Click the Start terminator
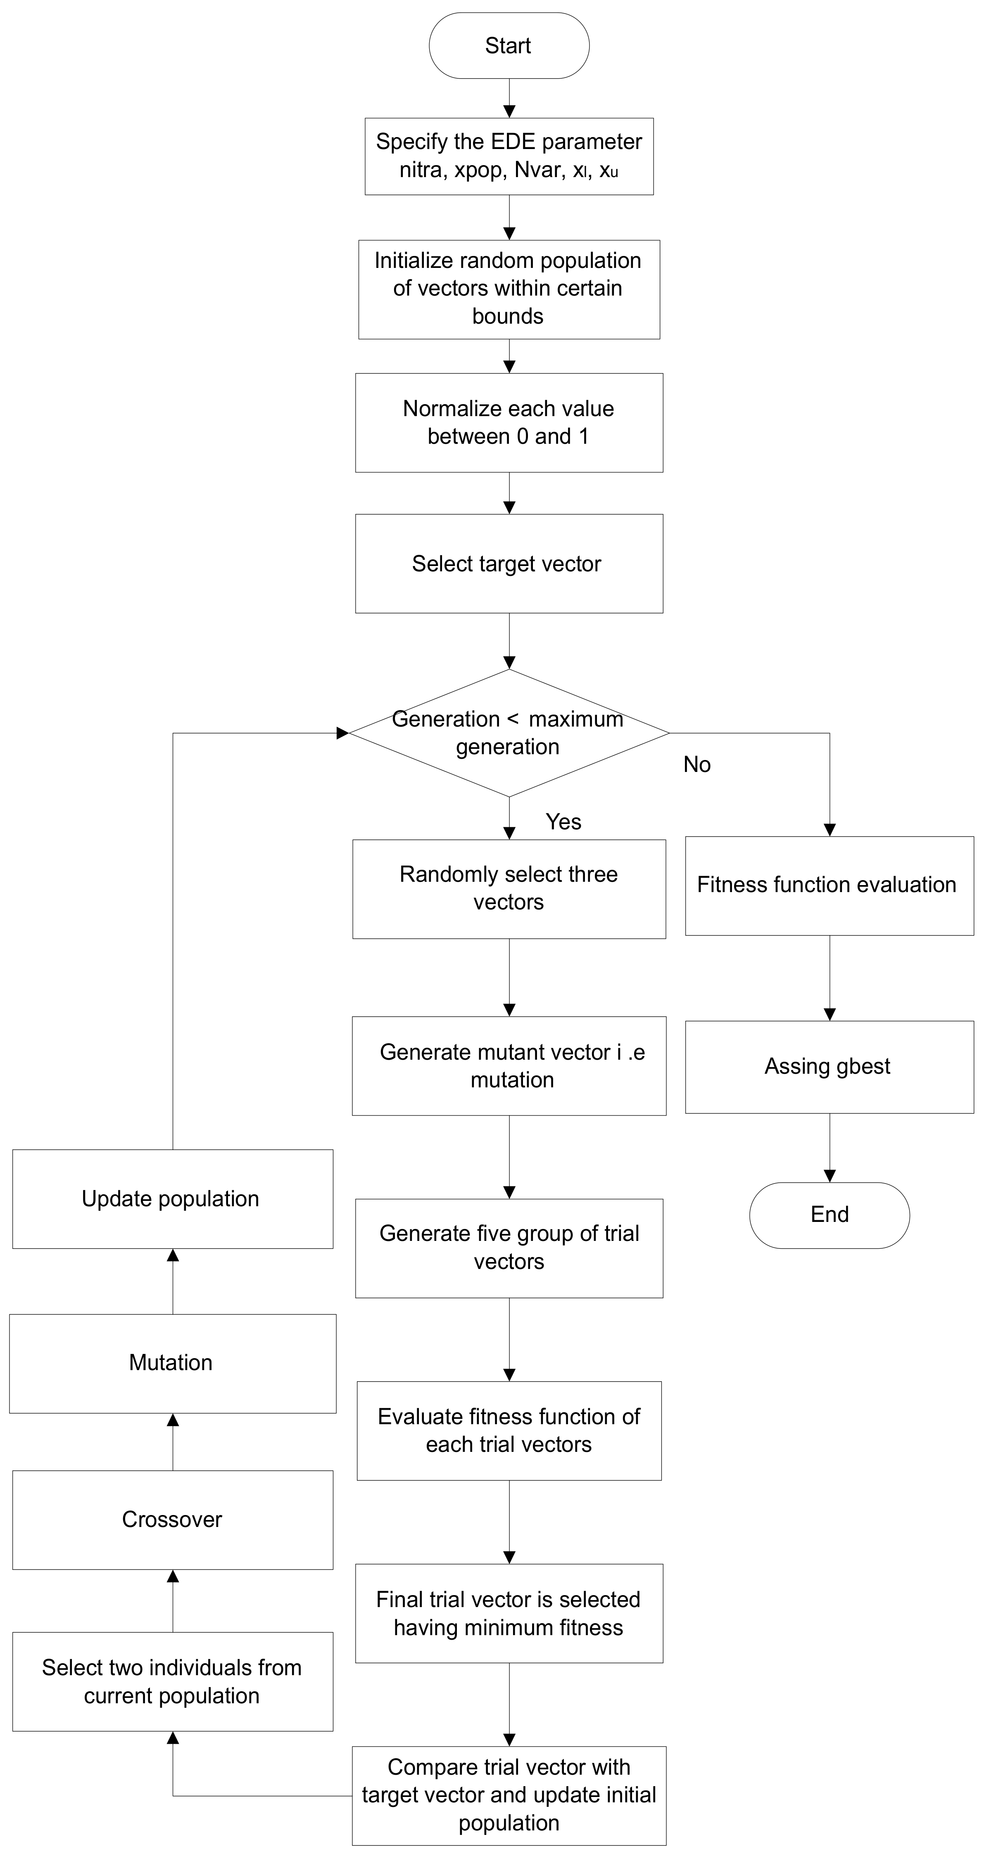click(509, 45)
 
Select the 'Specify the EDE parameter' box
click(509, 156)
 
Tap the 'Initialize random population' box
click(509, 289)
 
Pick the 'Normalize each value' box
click(509, 422)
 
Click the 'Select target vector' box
click(509, 563)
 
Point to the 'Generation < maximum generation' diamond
click(509, 733)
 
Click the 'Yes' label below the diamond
click(563, 821)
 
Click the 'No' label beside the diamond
click(696, 765)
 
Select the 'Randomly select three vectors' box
click(509, 888)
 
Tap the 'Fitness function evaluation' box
click(829, 885)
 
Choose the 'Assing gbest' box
click(829, 1066)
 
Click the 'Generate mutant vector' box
click(509, 1065)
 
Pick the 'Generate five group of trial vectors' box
click(509, 1248)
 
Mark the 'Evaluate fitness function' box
click(509, 1430)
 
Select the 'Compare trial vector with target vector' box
click(509, 1795)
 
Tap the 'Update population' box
click(172, 1199)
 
